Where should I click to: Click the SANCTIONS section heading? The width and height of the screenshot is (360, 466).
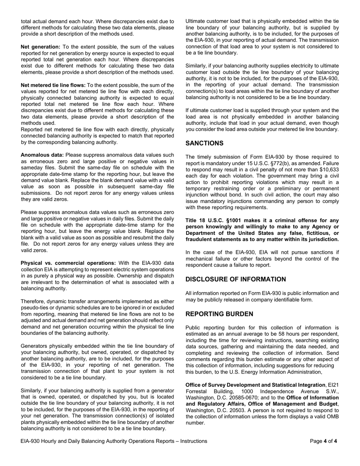pyautogui.click(x=204, y=143)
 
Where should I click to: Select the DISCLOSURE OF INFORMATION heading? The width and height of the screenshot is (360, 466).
pyautogui.click(x=235, y=279)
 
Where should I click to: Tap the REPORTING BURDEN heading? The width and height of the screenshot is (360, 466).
pyautogui.click(x=219, y=314)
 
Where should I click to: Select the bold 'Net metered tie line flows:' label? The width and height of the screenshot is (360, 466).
pyautogui.click(x=53, y=85)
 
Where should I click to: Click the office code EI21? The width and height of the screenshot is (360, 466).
pyautogui.click(x=333, y=385)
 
